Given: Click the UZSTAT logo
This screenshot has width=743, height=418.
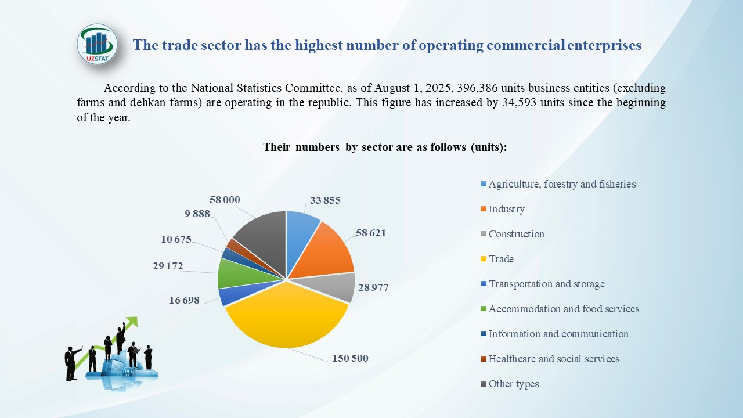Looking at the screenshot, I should click(x=97, y=44).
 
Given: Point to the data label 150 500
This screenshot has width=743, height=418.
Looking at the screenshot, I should click(x=350, y=358).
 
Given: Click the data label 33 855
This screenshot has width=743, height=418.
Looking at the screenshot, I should click(x=325, y=200).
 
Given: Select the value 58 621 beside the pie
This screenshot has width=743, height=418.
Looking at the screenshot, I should click(x=370, y=233).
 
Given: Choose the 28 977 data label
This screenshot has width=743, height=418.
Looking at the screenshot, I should click(x=373, y=287).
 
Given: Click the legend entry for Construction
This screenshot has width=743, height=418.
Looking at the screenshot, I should click(x=516, y=234).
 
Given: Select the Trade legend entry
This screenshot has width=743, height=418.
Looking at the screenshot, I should click(x=501, y=259).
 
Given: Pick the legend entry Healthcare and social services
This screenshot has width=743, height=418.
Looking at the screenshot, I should click(x=554, y=359).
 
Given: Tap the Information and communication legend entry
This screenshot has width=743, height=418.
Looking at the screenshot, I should click(x=558, y=334).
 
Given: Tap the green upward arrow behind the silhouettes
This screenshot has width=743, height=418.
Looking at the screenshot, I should click(x=131, y=322).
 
